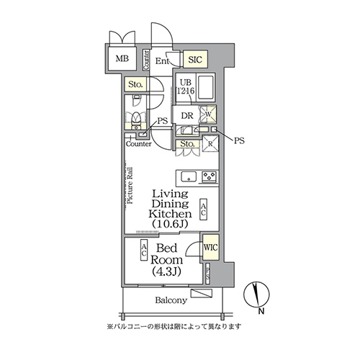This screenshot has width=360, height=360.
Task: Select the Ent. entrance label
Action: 162,62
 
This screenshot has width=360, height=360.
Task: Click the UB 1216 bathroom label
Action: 186,87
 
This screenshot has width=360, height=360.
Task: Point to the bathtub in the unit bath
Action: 207,88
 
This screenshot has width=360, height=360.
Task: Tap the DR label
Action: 186,115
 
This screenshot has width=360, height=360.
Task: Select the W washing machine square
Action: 209,113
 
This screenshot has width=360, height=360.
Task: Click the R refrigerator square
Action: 210,144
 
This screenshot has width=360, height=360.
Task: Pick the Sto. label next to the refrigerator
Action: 186,145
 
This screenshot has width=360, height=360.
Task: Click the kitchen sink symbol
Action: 189,176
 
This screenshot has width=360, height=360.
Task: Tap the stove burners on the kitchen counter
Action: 210,176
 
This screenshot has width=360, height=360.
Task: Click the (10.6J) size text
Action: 170,225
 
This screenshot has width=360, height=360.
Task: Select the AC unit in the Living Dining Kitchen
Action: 204,209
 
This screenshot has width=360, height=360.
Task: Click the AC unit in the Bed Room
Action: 144,250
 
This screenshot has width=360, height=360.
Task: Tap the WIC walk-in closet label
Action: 210,248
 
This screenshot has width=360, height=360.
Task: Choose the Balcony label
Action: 171,300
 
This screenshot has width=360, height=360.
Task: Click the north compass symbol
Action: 260,295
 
